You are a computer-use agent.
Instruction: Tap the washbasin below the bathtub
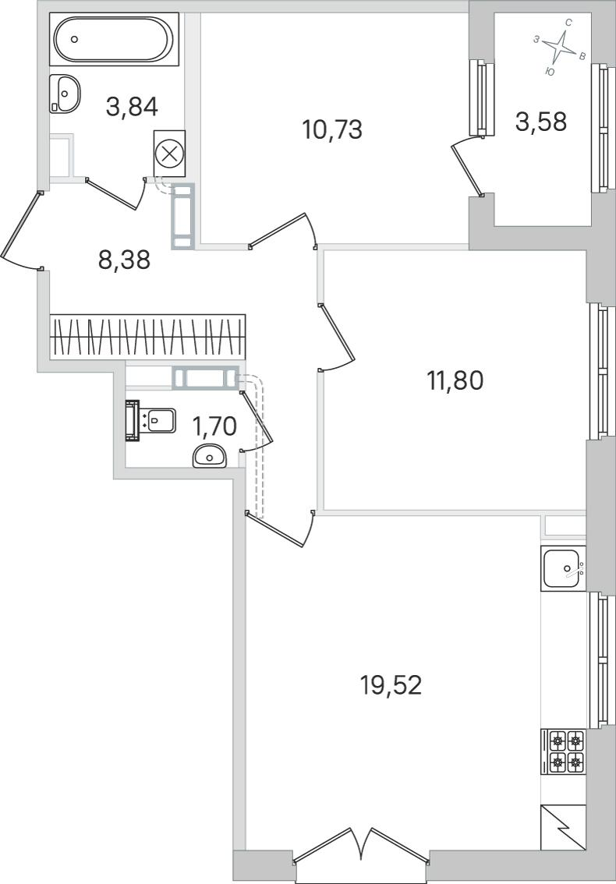pos(65,94)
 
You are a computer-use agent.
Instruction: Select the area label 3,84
pos(132,106)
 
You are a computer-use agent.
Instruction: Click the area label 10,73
pos(331,129)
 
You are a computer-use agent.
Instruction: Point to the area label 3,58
pos(540,121)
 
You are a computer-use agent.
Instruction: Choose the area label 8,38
pos(124,260)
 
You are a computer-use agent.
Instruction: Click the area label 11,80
pos(455,380)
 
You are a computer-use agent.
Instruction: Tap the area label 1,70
pos(214,427)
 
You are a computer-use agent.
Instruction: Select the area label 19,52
pos(391,685)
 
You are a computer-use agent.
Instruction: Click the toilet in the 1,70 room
pos(150,421)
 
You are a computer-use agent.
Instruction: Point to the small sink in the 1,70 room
pos(209,455)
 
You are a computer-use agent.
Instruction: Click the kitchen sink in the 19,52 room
pos(563,568)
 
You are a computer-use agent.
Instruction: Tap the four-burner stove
pos(564,751)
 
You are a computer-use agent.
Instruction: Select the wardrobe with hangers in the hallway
pos(148,337)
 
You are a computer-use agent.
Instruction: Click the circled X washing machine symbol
pos(169,154)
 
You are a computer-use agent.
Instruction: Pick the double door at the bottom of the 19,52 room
pos(361,846)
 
